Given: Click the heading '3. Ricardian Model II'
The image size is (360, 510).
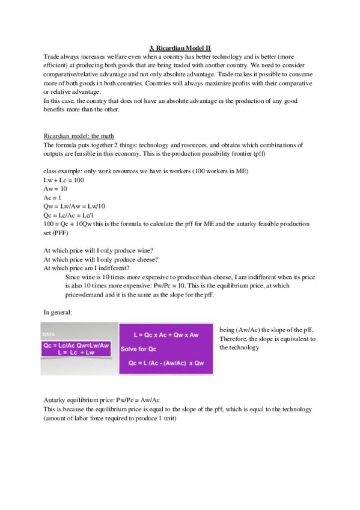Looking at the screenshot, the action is coord(180,49).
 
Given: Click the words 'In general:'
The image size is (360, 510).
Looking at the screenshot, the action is coord(59,312).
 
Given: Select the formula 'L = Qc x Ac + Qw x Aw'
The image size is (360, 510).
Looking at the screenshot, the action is coord(166,333).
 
